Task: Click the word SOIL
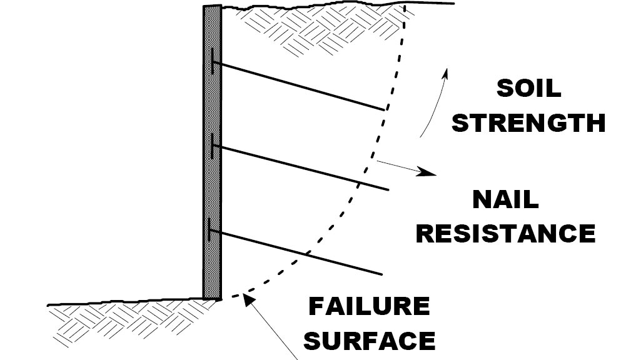(x=528, y=89)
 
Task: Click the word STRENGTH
(x=528, y=122)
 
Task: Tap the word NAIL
(x=505, y=200)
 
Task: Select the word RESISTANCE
(x=505, y=233)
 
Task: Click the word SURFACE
(x=373, y=341)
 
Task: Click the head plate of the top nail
(x=213, y=62)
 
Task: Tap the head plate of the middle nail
(x=213, y=146)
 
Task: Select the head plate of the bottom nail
(x=211, y=230)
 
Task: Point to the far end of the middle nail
(x=388, y=189)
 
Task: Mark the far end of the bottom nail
(x=381, y=274)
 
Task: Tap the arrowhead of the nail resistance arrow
(x=428, y=172)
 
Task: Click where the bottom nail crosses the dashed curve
(x=308, y=255)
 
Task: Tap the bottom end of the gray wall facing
(x=212, y=297)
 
